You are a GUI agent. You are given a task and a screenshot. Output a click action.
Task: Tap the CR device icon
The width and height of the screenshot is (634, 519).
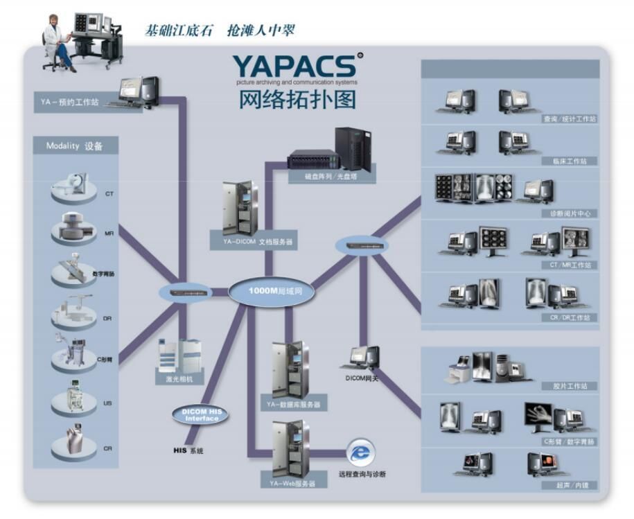pyautogui.click(x=75, y=443)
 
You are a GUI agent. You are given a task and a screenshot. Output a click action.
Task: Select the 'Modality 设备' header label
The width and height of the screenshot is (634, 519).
pyautogui.click(x=75, y=146)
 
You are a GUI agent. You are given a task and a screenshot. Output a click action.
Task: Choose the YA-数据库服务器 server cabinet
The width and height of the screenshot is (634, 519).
pyautogui.click(x=290, y=369)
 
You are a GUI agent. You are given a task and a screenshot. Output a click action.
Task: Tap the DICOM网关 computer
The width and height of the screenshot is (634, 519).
pyautogui.click(x=364, y=358)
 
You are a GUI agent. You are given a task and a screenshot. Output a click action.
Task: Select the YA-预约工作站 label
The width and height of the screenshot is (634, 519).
pyautogui.click(x=69, y=103)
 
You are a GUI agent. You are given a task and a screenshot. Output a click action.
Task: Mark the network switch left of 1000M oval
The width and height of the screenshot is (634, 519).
pyautogui.click(x=183, y=292)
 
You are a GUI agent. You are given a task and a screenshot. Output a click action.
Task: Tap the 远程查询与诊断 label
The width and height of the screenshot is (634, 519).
pyautogui.click(x=362, y=474)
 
